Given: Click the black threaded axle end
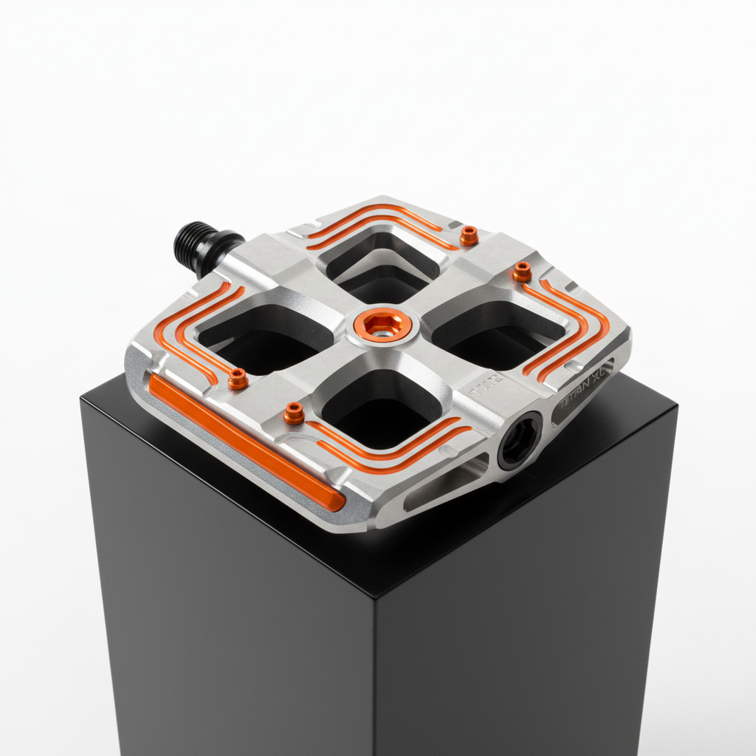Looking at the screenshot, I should [193, 244].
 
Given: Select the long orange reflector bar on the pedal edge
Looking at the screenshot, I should [247, 444].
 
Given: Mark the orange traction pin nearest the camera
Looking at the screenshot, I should [294, 413].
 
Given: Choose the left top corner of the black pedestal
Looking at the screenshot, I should [81, 399].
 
